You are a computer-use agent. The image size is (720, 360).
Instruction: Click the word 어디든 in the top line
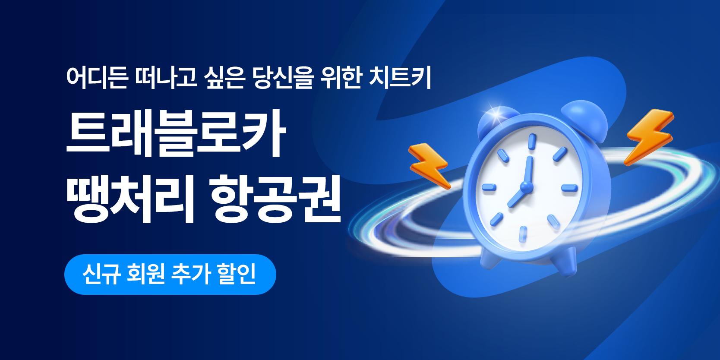pos(97,78)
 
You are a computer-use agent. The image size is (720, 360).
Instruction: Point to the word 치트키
pos(400,78)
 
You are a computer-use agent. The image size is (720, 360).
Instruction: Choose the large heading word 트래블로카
pos(176,133)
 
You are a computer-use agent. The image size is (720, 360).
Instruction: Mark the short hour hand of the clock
pos(517,196)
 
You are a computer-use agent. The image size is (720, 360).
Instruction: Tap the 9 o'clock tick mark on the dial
pos(488,187)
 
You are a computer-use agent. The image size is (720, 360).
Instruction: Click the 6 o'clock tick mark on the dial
pos(523,234)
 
